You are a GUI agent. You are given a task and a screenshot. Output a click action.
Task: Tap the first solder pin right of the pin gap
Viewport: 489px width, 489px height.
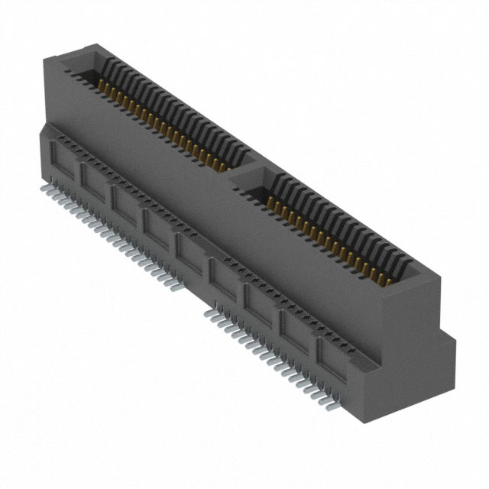(208, 313)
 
